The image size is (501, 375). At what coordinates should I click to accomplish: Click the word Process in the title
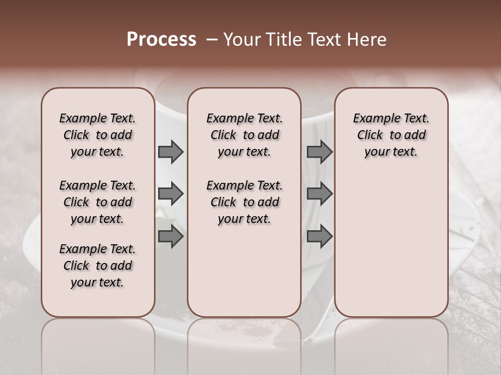tap(161, 40)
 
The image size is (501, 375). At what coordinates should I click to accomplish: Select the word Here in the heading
tap(366, 40)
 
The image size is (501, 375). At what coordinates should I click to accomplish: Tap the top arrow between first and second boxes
tap(171, 152)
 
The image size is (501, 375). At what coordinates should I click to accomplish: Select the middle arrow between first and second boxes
tap(171, 194)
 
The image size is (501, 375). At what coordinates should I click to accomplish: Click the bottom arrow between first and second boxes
tap(171, 236)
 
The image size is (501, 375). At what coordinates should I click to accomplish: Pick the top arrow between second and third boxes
tap(319, 152)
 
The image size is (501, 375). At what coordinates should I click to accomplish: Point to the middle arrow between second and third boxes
tap(319, 194)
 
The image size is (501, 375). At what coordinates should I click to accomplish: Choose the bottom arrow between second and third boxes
tap(319, 236)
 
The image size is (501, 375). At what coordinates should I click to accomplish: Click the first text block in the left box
tap(98, 135)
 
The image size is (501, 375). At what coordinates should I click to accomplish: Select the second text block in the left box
tap(98, 202)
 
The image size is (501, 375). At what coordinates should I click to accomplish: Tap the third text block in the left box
tap(98, 266)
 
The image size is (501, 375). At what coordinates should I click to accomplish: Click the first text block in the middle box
tap(244, 135)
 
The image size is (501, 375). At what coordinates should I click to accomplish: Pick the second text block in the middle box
tap(244, 202)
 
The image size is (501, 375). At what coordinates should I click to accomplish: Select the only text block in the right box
tap(391, 135)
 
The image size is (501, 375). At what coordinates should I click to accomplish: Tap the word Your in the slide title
tap(239, 40)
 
